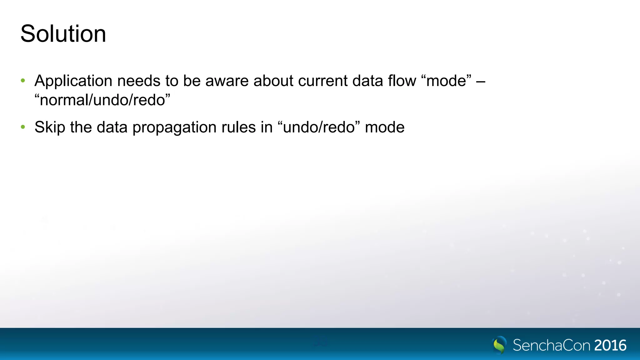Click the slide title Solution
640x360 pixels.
point(63,34)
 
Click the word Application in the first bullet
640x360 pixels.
point(73,81)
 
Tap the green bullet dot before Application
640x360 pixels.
point(23,81)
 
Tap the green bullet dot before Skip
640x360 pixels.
point(23,127)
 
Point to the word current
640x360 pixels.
point(323,81)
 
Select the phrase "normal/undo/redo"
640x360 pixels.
point(102,100)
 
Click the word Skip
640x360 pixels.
point(50,127)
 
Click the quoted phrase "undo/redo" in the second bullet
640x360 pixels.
point(319,127)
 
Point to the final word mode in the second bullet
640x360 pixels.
point(385,127)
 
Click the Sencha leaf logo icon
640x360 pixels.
point(499,345)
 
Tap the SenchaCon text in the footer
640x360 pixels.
point(552,345)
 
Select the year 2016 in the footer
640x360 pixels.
point(610,345)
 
